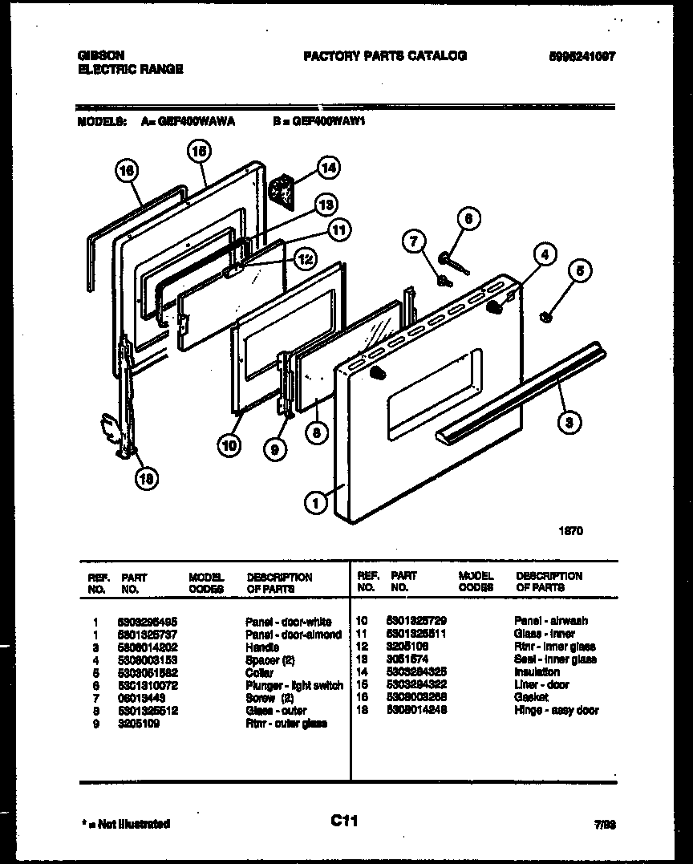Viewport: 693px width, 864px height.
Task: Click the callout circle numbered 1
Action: [x=315, y=503]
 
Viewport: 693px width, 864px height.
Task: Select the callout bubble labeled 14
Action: [x=327, y=168]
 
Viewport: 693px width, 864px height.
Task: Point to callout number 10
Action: [x=229, y=445]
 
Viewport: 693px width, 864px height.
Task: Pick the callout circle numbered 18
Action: [x=146, y=479]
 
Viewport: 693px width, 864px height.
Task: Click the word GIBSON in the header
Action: [x=100, y=55]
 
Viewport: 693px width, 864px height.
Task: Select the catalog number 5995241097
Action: [x=582, y=56]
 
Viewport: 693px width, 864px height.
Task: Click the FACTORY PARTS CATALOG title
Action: [x=384, y=55]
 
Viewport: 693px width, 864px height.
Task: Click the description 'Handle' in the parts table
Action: [x=263, y=647]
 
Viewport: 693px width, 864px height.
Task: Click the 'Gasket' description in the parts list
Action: [x=531, y=697]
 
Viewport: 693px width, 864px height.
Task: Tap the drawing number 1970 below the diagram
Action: [x=571, y=530]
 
